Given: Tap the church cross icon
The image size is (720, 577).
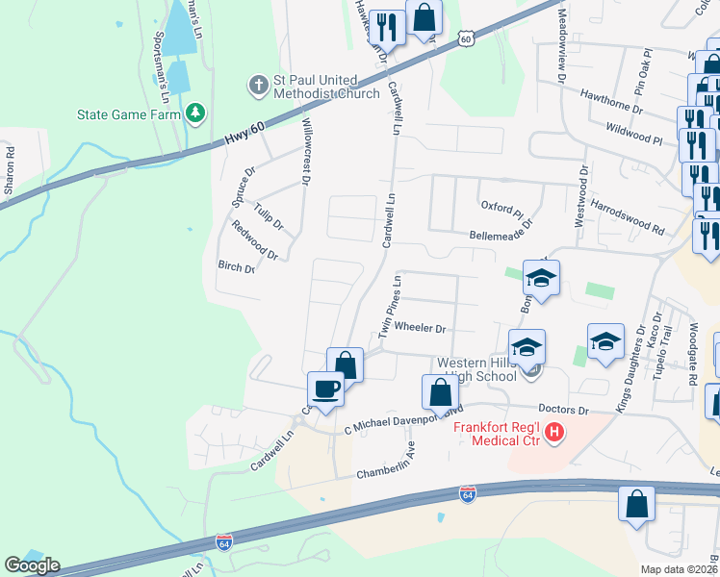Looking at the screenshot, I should point(257,87).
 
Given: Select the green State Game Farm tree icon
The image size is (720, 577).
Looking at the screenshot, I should point(196,113).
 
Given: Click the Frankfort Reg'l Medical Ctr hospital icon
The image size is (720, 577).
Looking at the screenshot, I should point(553,434).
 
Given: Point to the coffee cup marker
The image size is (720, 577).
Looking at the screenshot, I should point(325,389).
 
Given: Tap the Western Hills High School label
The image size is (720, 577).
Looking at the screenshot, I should point(484,369).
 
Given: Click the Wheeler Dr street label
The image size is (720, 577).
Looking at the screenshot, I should point(421,328).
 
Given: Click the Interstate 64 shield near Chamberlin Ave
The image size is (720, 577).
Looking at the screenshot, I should point(468,494).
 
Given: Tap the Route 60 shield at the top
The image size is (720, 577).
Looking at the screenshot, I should point(466,38).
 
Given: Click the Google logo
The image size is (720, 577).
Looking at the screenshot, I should point(32,564).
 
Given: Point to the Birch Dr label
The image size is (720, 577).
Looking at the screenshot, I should point(237,267).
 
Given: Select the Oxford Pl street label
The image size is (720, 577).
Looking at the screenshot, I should point(502,208).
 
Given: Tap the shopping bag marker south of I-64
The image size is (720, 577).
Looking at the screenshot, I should point(637,504).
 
